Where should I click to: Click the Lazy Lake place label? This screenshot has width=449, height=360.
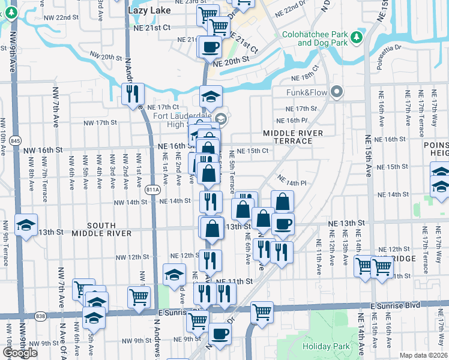pyautogui.click(x=149, y=10)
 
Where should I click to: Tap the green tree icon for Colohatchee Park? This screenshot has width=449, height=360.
pyautogui.click(x=357, y=37)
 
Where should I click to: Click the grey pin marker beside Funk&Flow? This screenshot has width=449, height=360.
pyautogui.click(x=337, y=92)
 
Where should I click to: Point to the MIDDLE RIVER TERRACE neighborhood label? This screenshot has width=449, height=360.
pyautogui.click(x=293, y=137)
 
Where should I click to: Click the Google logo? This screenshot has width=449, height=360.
pyautogui.click(x=20, y=353)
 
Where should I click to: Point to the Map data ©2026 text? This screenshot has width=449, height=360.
pyautogui.click(x=424, y=355)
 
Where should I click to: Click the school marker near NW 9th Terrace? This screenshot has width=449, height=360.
pyautogui.click(x=26, y=225)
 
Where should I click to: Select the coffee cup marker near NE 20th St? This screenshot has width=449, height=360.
pyautogui.click(x=210, y=46)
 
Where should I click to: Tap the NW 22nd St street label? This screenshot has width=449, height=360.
pyautogui.click(x=71, y=17)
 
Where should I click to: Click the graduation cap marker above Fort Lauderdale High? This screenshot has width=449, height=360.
pyautogui.click(x=211, y=96)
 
